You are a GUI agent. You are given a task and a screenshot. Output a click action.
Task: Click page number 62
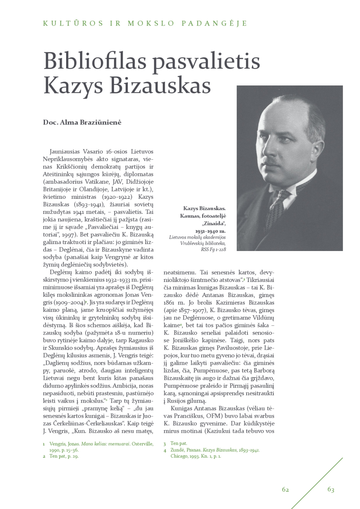click(285, 490)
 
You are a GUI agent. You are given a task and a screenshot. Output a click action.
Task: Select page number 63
click(331, 490)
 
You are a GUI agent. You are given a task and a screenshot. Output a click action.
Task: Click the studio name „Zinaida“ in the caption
click(213, 224)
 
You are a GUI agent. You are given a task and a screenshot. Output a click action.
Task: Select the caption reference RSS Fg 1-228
click(213, 249)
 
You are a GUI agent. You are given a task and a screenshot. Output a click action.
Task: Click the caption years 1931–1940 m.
click(210, 231)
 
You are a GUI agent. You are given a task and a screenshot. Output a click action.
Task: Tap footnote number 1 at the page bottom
click(44, 444)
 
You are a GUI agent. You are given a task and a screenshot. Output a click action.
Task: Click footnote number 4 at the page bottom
click(165, 450)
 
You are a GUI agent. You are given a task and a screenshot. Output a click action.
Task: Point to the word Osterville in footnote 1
click(142, 444)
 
